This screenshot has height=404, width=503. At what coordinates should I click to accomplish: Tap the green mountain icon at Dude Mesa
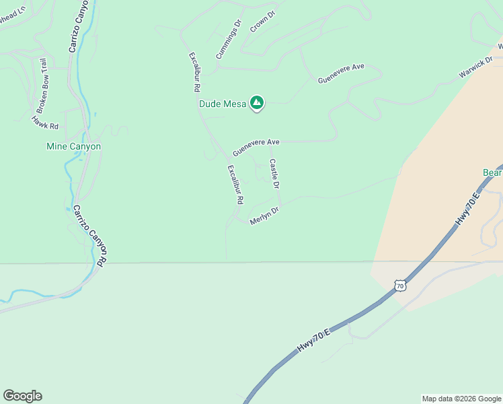[x=256, y=103]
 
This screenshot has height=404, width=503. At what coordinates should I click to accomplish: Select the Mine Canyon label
[x=73, y=146]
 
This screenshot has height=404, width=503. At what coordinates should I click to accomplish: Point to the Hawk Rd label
[x=45, y=122]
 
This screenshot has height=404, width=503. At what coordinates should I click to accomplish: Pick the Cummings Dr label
[x=229, y=38]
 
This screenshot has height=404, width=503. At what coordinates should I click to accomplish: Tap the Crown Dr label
[x=263, y=20]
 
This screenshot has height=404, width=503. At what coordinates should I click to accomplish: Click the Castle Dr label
[x=274, y=173]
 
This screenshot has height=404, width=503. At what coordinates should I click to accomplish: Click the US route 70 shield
[x=400, y=286]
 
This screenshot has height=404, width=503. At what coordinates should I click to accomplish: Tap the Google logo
[x=22, y=396]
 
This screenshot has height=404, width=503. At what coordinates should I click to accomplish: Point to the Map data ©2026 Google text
[x=461, y=399]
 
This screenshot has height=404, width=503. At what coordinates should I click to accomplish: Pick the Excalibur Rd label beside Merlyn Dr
[x=235, y=184]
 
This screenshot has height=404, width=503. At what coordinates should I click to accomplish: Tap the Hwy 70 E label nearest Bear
[x=468, y=210]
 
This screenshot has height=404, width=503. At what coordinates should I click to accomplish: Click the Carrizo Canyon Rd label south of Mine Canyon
[x=91, y=236]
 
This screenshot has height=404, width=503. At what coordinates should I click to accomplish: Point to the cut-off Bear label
[x=492, y=173]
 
